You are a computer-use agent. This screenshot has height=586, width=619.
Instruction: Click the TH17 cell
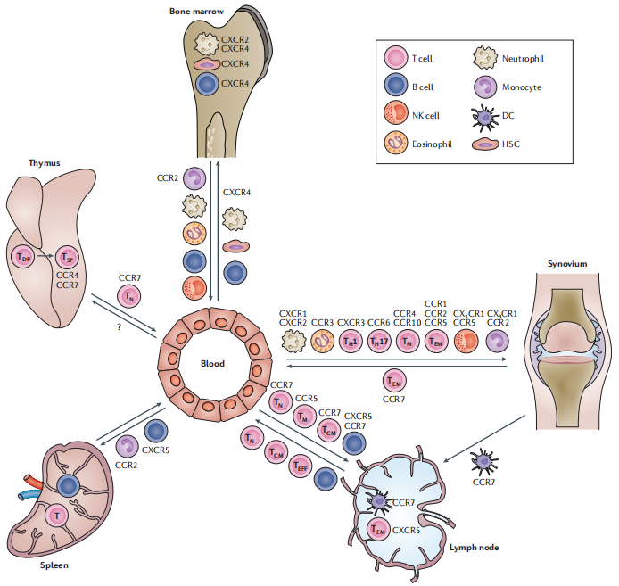[378, 340]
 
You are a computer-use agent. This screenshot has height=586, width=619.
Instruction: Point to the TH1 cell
[350, 340]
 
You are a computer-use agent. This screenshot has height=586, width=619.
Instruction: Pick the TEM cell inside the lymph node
[379, 530]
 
